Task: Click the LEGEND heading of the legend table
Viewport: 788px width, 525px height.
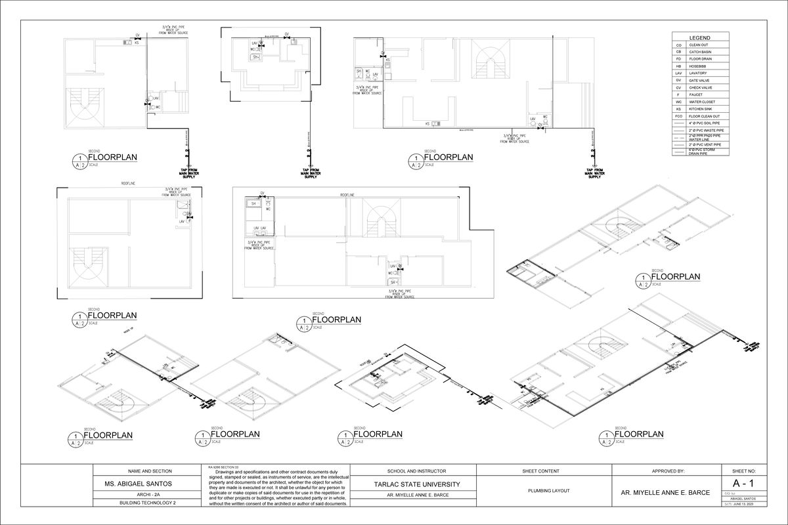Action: click(x=699, y=37)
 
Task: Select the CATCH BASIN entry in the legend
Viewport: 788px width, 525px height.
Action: click(x=700, y=52)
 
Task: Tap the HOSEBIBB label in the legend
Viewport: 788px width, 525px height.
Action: click(x=699, y=66)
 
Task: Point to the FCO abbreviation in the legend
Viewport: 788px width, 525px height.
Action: click(x=678, y=116)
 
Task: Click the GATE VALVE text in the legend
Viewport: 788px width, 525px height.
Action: click(x=700, y=80)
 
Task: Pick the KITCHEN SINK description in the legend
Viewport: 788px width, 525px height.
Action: click(x=700, y=109)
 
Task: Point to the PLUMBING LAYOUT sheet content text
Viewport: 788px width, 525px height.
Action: click(x=540, y=490)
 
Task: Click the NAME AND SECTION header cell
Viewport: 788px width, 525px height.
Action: click(x=146, y=471)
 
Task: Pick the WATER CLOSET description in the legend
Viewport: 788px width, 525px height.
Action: click(x=701, y=102)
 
